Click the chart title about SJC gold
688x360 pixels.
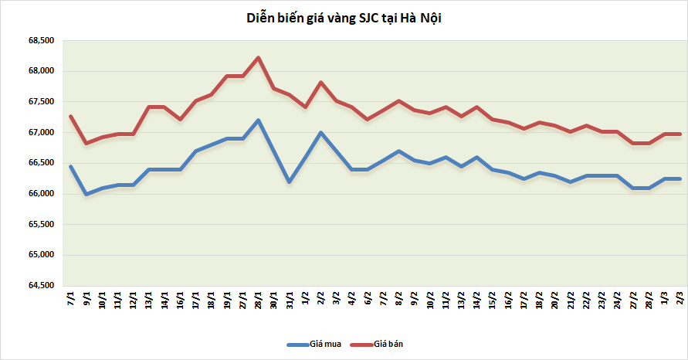344,18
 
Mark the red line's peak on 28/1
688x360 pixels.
258,57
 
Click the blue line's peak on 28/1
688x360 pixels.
258,120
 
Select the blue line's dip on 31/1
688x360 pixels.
290,182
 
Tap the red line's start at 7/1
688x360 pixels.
71,116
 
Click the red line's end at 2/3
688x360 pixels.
680,134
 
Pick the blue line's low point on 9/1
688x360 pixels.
86,194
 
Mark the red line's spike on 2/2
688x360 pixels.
320,83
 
